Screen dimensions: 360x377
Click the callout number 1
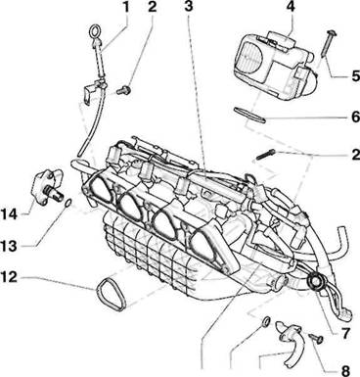click(124, 7)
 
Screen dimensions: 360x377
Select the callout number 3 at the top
click(189, 7)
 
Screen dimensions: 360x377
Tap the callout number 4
click(290, 7)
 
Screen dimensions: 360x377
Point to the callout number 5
click(355, 76)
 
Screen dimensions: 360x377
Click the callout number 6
click(355, 117)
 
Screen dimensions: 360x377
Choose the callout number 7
click(345, 333)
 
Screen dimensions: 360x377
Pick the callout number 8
click(345, 370)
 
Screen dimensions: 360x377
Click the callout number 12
click(9, 277)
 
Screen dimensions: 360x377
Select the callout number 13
click(9, 246)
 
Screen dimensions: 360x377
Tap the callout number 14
click(9, 214)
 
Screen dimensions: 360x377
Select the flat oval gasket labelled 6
click(249, 115)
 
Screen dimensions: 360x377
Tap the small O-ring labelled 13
click(68, 203)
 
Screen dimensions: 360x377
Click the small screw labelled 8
click(315, 338)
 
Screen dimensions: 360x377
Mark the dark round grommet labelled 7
click(315, 282)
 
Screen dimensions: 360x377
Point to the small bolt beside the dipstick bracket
click(124, 89)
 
